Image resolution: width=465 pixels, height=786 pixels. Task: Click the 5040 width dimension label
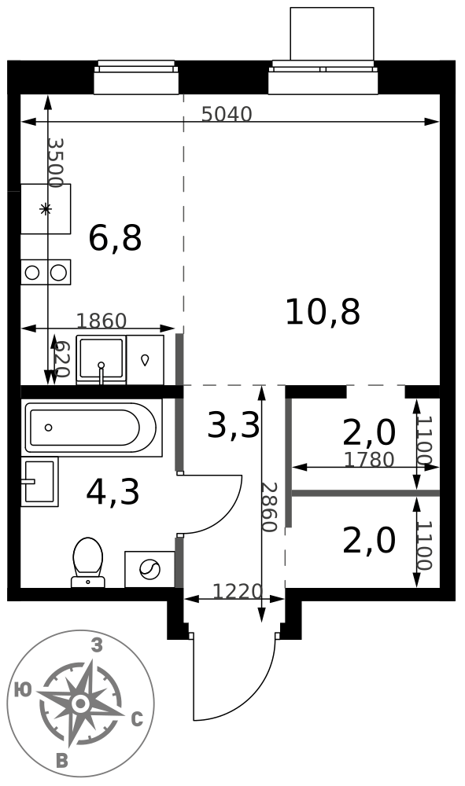(x=227, y=115)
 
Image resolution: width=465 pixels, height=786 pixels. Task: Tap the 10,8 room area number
(x=323, y=312)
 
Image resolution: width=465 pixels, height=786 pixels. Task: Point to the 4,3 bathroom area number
(x=113, y=492)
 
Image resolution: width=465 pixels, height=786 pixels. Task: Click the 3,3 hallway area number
(x=234, y=425)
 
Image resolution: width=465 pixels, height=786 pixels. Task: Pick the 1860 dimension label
(x=101, y=321)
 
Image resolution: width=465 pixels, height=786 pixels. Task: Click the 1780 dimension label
(x=369, y=460)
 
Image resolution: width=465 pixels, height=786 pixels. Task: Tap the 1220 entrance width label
(x=238, y=592)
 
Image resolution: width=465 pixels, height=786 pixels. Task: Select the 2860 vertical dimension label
(x=269, y=507)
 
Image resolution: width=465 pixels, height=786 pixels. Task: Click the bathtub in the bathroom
(x=92, y=428)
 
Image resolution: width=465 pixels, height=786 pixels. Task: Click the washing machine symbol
(x=149, y=569)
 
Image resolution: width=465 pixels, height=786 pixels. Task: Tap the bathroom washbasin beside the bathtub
(x=39, y=482)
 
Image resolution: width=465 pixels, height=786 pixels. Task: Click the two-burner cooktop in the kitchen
(x=46, y=272)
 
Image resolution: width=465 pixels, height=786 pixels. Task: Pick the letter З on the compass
(x=97, y=645)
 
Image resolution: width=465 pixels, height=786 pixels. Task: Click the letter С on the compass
(x=137, y=720)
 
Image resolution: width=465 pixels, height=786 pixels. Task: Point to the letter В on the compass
(x=62, y=761)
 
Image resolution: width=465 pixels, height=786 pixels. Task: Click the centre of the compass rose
(x=79, y=703)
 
